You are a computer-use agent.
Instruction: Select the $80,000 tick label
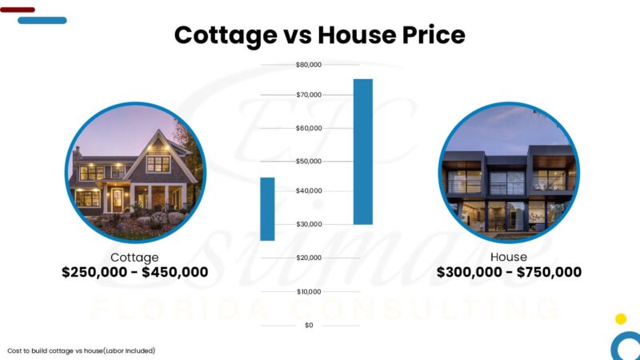tap(308, 65)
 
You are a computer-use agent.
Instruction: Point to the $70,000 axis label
tap(308, 95)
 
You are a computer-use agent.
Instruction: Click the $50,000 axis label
tap(308, 162)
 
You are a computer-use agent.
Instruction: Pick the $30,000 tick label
tap(308, 224)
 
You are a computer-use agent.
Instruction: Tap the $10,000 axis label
tap(308, 291)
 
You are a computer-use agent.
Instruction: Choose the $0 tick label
tap(309, 325)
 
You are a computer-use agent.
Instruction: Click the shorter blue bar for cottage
tap(267, 209)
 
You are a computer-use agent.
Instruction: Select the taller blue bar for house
tap(362, 151)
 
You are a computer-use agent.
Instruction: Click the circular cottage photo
tap(134, 172)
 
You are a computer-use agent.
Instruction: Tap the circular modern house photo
tap(509, 172)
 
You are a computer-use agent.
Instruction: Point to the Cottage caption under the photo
tap(134, 257)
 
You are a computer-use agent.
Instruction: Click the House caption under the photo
tap(509, 257)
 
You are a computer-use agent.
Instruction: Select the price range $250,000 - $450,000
tap(134, 272)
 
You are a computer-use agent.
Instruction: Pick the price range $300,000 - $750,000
tap(509, 272)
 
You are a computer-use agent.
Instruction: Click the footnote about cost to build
tap(81, 350)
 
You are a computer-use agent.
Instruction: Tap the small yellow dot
tap(621, 318)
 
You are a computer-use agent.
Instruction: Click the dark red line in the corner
tap(18, 10)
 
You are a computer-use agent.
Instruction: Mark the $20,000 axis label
tap(308, 258)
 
